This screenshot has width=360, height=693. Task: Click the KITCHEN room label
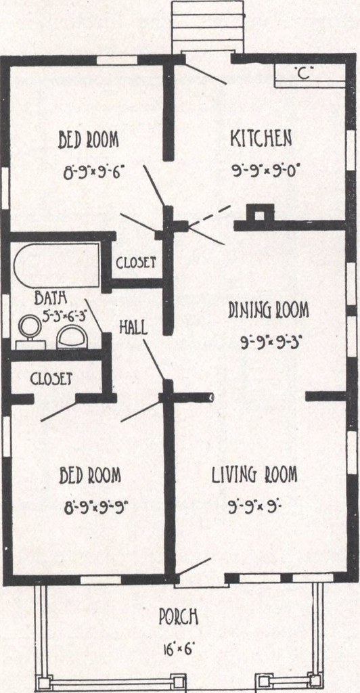(x=261, y=138)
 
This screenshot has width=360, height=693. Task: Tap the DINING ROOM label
(x=268, y=311)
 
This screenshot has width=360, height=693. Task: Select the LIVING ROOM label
(x=254, y=474)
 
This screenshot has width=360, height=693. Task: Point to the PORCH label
(x=178, y=617)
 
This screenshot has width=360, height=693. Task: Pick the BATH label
(x=51, y=298)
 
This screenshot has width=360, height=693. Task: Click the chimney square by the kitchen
(x=260, y=215)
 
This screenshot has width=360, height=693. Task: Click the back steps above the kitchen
(x=208, y=26)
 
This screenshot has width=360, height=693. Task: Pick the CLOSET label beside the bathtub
(x=136, y=263)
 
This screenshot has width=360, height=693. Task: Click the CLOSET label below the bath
(x=51, y=379)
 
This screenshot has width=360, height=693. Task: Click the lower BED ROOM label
(x=90, y=476)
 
